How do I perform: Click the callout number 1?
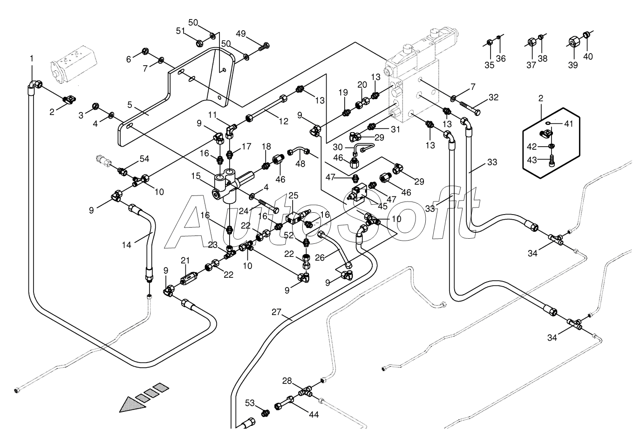[32, 59]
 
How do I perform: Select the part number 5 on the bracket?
[130, 105]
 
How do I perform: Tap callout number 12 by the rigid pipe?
[283, 121]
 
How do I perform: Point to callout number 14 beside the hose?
[127, 245]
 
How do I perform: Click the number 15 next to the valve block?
[196, 176]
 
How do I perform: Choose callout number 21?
[185, 261]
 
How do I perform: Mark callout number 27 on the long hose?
[276, 312]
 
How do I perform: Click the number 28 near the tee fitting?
[287, 381]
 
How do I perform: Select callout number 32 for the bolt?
[493, 97]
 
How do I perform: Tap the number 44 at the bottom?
[314, 414]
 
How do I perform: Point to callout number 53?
[250, 403]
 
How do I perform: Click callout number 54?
[144, 159]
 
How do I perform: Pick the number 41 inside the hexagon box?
[568, 123]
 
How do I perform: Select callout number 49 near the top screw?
[241, 34]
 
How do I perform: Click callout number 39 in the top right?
[573, 65]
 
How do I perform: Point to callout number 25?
[293, 195]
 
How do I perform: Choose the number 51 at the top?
[181, 31]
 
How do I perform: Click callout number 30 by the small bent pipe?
[338, 147]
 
